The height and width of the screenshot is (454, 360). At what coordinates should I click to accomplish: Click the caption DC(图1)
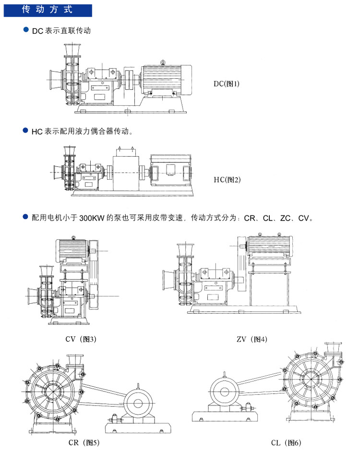click(227, 84)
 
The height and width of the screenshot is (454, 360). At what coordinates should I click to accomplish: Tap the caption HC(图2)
click(227, 180)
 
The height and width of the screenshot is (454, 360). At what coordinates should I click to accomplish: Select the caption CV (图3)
click(81, 339)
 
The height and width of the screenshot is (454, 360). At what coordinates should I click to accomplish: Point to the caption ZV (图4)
click(252, 339)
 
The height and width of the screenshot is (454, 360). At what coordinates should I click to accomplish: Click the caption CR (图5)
click(84, 442)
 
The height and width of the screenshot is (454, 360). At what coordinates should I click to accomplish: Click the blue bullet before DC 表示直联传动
click(26, 30)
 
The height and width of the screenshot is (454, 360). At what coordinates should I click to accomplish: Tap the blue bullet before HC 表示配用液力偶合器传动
click(26, 130)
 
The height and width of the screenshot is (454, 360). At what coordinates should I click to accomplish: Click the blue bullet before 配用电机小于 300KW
click(26, 218)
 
